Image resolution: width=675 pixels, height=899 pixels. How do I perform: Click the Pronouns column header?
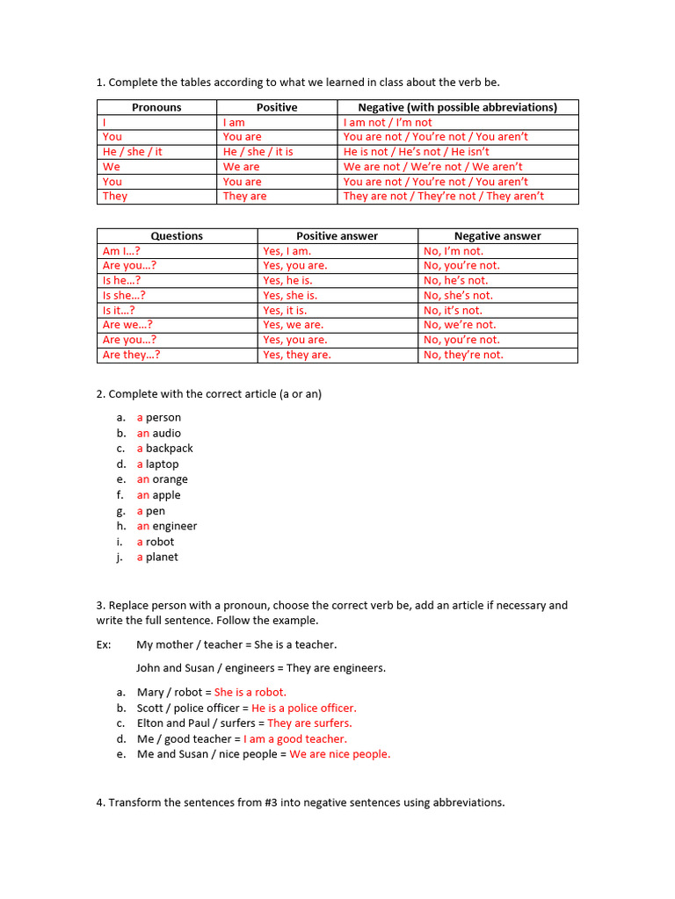click(156, 107)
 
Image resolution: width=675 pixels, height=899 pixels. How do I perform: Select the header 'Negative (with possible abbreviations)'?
click(457, 107)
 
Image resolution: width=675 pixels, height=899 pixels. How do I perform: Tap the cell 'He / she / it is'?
click(258, 152)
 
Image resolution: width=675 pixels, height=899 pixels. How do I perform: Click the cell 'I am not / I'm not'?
click(388, 123)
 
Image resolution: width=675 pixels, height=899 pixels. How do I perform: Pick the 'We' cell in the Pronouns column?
click(112, 167)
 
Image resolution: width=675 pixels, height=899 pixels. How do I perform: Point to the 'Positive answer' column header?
click(337, 236)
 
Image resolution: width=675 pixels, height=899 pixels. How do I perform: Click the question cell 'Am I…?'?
click(121, 251)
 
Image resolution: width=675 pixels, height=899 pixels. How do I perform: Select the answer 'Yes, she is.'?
click(290, 296)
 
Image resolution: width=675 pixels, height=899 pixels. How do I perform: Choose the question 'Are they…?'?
click(132, 355)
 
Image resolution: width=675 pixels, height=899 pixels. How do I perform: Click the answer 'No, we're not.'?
click(460, 325)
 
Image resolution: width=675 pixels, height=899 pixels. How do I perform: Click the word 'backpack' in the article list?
click(170, 449)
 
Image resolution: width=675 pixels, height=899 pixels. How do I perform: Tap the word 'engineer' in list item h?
click(175, 527)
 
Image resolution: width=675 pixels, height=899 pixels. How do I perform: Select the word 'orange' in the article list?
click(171, 480)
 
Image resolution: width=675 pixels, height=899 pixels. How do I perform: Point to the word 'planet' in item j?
click(162, 557)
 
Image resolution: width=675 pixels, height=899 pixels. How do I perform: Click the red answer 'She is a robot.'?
click(250, 693)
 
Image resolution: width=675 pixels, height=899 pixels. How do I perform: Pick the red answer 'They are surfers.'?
click(309, 723)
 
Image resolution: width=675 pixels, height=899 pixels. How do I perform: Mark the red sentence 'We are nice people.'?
click(340, 754)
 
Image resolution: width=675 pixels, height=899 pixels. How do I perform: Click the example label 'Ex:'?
click(104, 644)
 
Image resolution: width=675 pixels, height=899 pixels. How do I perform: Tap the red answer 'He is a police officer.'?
click(304, 708)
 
